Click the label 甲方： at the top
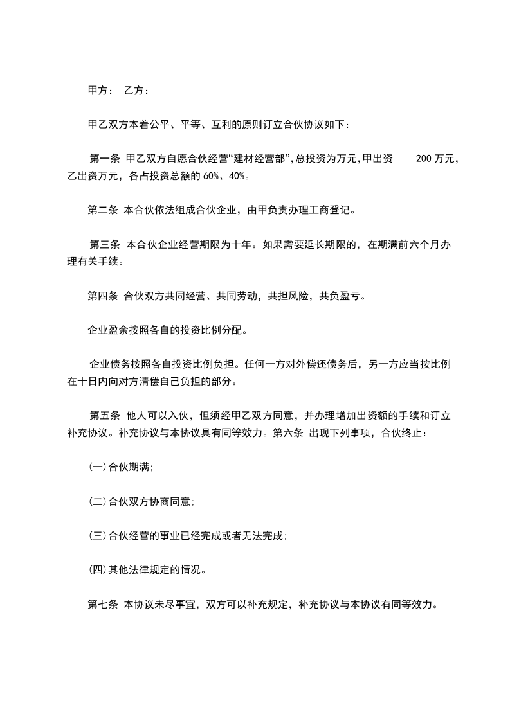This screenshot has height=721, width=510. point(101,91)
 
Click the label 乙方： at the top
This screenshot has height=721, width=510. point(137,91)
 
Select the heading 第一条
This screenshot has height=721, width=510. point(104,158)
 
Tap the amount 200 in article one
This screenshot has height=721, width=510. point(424,158)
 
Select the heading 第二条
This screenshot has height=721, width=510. point(102,209)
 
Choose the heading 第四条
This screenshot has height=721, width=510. point(102,296)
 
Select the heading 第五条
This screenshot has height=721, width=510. point(104,416)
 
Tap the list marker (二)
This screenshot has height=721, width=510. point(97,501)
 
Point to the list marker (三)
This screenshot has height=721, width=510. point(97,535)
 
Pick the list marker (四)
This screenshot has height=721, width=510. point(97,569)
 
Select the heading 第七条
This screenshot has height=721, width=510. point(102,604)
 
